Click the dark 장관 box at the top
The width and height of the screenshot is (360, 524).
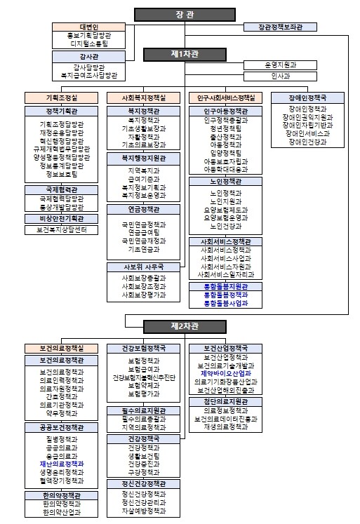pyautogui.click(x=180, y=13)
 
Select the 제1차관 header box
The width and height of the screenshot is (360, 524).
pyautogui.click(x=180, y=54)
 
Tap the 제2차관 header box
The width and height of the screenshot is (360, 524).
pyautogui.click(x=180, y=326)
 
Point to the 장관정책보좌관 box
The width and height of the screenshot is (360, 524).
pyautogui.click(x=279, y=27)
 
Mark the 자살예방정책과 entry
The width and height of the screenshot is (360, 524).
pyautogui.click(x=144, y=513)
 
